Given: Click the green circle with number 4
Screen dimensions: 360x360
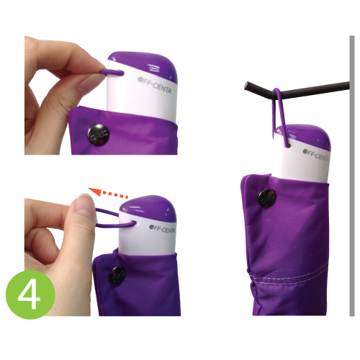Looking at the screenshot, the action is pyautogui.click(x=30, y=294).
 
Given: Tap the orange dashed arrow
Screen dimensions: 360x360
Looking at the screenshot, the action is pyautogui.click(x=108, y=193).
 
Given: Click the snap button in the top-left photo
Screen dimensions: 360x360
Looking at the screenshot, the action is pyautogui.click(x=98, y=135).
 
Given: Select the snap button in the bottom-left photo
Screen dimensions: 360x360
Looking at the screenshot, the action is pyautogui.click(x=117, y=276).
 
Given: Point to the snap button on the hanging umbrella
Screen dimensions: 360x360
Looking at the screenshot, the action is pyautogui.click(x=267, y=198).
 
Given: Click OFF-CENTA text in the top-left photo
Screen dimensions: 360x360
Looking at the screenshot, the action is pyautogui.click(x=155, y=85).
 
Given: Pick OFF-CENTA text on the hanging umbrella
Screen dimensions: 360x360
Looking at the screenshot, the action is pyautogui.click(x=315, y=155).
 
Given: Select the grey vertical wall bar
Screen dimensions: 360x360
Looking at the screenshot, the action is pyautogui.click(x=352, y=176).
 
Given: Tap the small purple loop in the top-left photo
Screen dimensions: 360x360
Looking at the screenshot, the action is pyautogui.click(x=112, y=72).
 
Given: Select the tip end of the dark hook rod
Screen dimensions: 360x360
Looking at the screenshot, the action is pyautogui.click(x=246, y=86).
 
